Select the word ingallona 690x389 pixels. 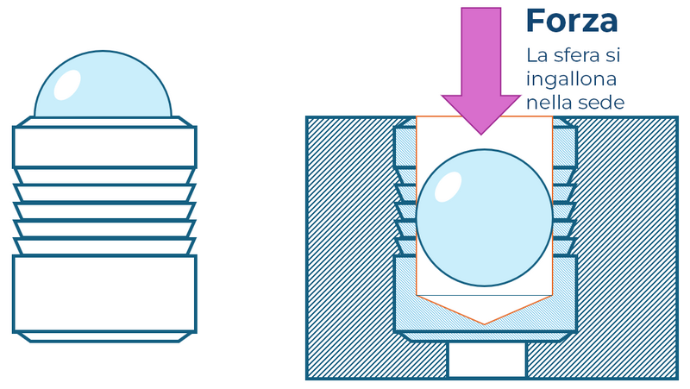(573, 79)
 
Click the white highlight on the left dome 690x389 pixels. (66, 83)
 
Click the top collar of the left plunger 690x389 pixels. (104, 147)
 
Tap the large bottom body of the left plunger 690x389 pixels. (104, 293)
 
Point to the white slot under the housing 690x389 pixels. (486, 361)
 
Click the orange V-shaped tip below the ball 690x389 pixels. (485, 311)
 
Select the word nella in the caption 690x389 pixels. (548, 103)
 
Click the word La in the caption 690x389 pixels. (537, 56)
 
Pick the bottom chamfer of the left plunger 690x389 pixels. (104, 336)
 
